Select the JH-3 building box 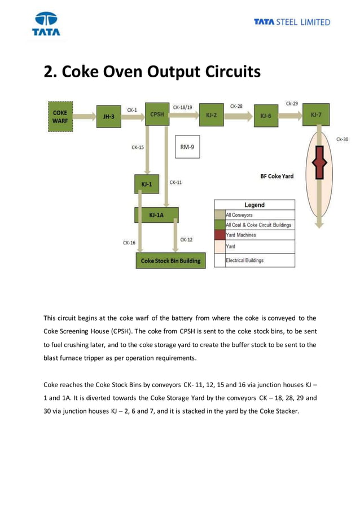pos(109,117)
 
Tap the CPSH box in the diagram pos(157,114)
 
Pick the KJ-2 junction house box pos(212,115)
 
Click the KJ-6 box pos(266,116)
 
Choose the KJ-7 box pos(317,115)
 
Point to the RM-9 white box pos(187,147)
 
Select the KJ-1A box pos(156,215)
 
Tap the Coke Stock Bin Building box pos(170,261)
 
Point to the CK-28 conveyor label pos(236,106)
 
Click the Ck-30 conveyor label pos(342,139)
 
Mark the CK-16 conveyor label pos(129,243)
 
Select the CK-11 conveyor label pos(175,182)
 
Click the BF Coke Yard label pos(276,176)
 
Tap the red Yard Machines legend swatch pos(219,235)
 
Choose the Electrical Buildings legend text pos(244,260)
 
